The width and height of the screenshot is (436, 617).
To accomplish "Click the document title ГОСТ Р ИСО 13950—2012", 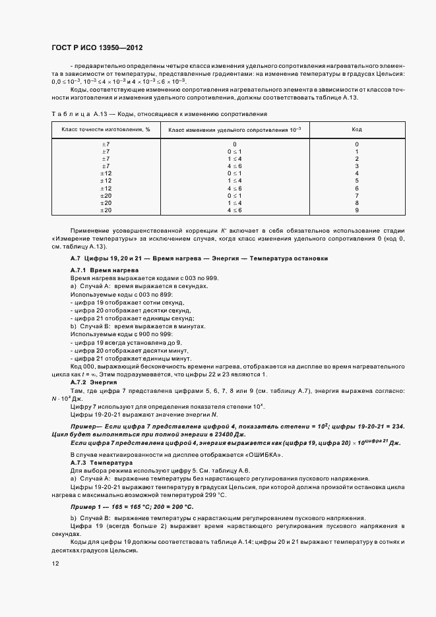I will [98, 48].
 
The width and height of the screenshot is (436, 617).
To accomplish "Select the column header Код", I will [356, 129].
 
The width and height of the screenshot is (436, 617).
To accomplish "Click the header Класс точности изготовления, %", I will [106, 129].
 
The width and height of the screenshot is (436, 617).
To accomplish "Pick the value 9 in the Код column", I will [356, 210].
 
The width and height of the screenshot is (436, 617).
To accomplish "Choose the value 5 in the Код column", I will [356, 181].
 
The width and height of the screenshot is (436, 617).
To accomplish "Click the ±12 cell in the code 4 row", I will [106, 173].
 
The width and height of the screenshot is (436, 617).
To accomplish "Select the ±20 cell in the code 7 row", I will [106, 196].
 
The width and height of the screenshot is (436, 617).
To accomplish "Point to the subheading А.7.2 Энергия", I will [89, 382].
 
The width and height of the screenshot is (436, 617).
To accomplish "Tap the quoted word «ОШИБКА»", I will [263, 455].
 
